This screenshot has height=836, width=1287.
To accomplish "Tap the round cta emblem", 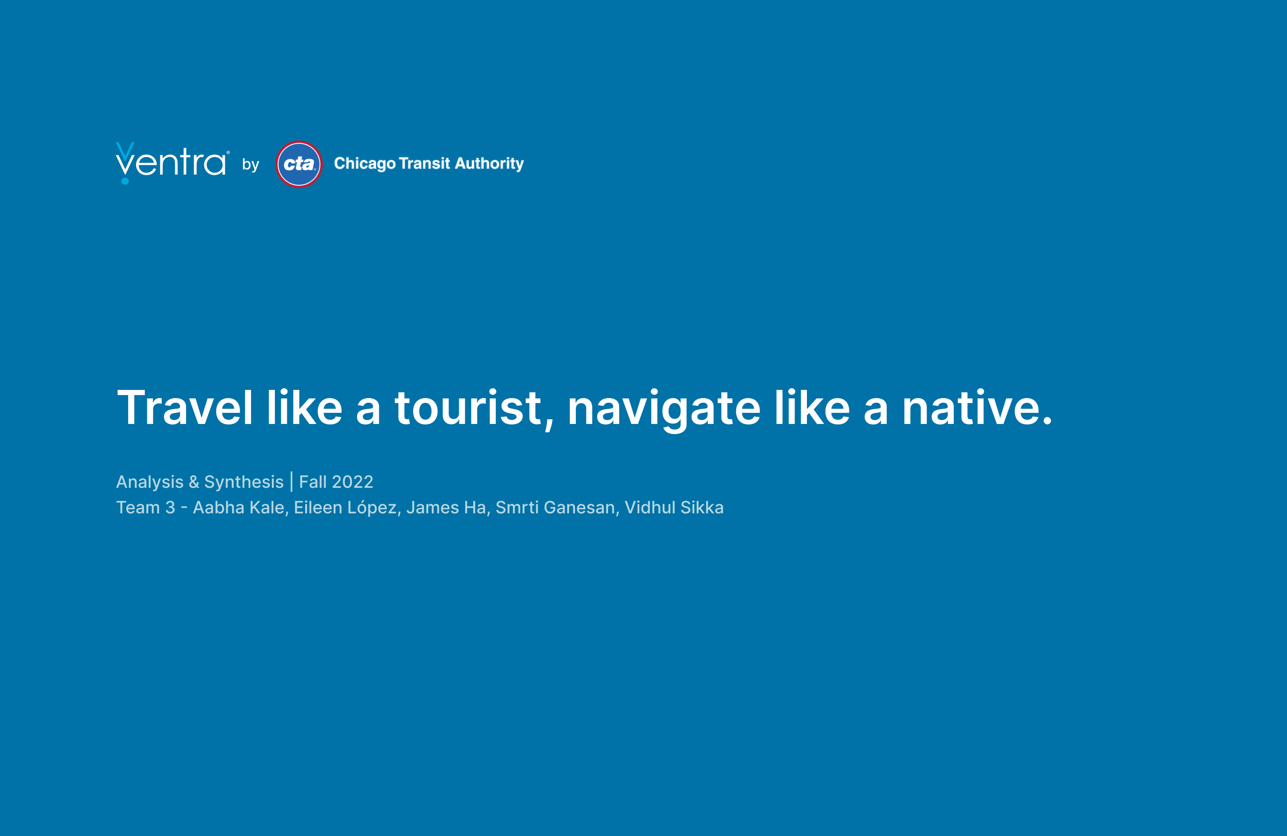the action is pyautogui.click(x=299, y=164).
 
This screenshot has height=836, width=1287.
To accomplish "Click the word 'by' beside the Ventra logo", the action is pyautogui.click(x=250, y=164).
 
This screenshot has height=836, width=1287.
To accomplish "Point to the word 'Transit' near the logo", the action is pyautogui.click(x=424, y=163).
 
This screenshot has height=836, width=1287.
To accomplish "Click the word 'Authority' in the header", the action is pyautogui.click(x=489, y=163).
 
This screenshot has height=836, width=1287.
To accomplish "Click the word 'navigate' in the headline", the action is pyautogui.click(x=664, y=410).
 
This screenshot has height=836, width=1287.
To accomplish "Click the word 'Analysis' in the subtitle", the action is pyautogui.click(x=150, y=482).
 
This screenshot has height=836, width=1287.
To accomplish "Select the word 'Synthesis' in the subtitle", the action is pyautogui.click(x=244, y=482).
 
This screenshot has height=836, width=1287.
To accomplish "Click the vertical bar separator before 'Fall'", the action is pyautogui.click(x=292, y=482).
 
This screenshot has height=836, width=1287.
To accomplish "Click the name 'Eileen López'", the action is pyautogui.click(x=346, y=507).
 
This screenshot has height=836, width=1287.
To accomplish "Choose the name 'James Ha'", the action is pyautogui.click(x=446, y=507).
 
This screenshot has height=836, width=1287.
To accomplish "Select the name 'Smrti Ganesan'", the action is pyautogui.click(x=555, y=507).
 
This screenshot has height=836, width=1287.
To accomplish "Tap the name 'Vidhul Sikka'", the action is pyautogui.click(x=674, y=507).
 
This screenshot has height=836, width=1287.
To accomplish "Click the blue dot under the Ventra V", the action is pyautogui.click(x=125, y=180).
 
